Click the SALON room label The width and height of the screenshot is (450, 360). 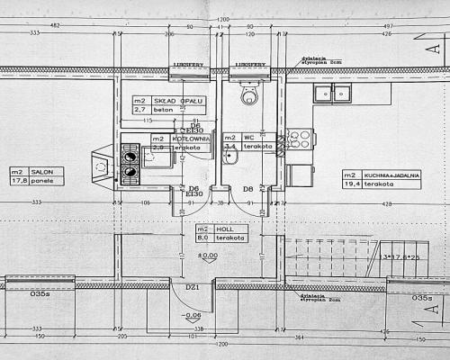[43, 170]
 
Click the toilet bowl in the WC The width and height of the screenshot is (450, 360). [249, 94]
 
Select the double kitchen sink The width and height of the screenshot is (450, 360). [332, 92]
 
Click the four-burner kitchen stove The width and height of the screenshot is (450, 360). [300, 139]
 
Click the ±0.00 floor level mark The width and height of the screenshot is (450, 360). [208, 256]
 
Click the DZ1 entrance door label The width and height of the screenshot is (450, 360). [192, 287]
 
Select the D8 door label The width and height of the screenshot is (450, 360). [248, 188]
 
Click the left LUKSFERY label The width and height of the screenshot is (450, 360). [184, 65]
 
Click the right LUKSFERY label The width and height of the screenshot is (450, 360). [248, 65]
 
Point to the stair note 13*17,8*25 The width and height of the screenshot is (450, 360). [407, 256]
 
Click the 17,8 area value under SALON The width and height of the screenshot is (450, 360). [19, 179]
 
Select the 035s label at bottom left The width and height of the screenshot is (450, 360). [40, 293]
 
